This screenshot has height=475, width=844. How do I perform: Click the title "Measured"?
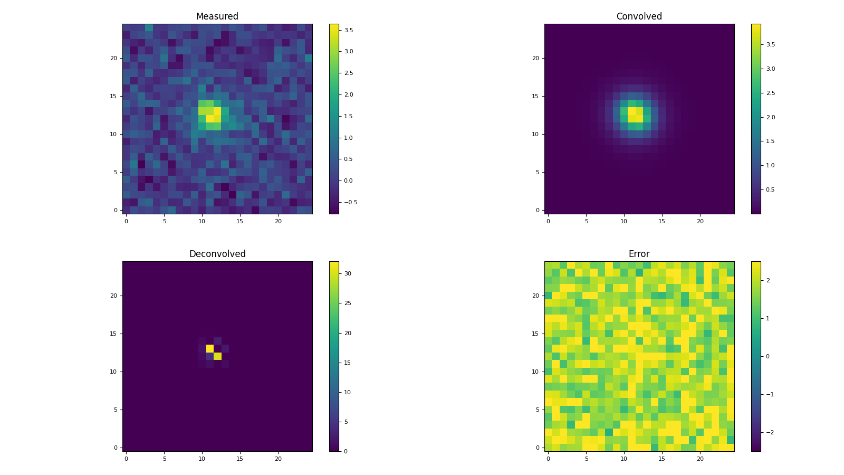point(217,16)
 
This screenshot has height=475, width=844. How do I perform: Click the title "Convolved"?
point(639,16)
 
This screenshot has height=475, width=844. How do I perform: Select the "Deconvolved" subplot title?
point(217,254)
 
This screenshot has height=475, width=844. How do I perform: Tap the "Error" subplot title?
point(639,254)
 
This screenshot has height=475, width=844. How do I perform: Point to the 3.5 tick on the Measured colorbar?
point(348,30)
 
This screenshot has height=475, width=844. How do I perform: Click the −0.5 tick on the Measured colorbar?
point(350,202)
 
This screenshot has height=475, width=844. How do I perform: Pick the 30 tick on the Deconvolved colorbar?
point(348,273)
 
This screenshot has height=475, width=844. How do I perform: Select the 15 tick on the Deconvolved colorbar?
point(348,363)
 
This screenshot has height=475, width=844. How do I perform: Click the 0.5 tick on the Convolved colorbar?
point(770,189)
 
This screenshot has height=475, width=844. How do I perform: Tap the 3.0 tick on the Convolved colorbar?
point(770,69)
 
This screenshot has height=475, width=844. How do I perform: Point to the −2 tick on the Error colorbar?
point(768,432)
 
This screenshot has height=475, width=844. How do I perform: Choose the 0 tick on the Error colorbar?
point(768,356)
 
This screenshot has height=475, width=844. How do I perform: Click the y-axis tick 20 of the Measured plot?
point(113,58)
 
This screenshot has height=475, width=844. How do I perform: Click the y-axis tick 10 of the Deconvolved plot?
point(113,372)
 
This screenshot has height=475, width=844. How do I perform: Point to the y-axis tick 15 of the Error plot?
point(535,334)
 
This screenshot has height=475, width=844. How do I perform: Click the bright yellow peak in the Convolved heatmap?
point(635,115)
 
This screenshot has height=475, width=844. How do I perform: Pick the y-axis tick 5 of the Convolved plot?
point(536,172)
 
